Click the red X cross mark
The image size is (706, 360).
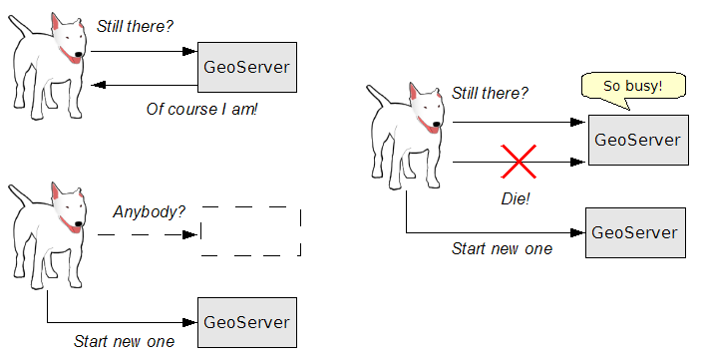[x=518, y=161]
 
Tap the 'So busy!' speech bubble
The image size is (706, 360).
[x=632, y=87]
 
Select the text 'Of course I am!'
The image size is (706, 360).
[x=201, y=109]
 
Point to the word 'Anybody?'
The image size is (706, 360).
[x=149, y=211]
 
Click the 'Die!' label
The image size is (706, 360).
[x=515, y=198]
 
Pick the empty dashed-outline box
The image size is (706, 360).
[x=250, y=232]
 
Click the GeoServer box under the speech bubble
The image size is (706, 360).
[x=636, y=140]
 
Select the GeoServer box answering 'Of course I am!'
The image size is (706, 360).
[x=246, y=68]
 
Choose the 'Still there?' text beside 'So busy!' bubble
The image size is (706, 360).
[x=490, y=94]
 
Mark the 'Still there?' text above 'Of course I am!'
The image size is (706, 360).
[x=135, y=26]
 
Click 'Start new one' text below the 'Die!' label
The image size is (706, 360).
[x=502, y=248]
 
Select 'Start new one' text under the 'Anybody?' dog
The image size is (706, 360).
[x=124, y=341]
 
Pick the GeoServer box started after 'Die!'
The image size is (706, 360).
[x=635, y=232]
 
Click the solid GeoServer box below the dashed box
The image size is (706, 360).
[x=246, y=322]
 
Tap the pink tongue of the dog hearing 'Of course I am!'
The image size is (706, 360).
[x=73, y=58]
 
